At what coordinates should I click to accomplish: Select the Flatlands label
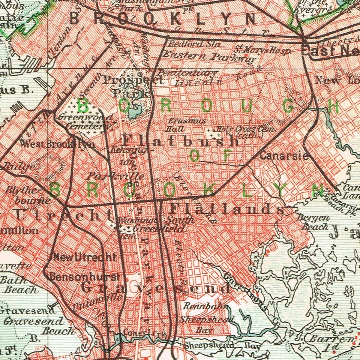point(227,208)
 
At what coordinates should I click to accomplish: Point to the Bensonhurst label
point(85,277)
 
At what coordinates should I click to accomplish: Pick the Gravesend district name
point(155,288)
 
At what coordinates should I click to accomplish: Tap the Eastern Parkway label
point(209,57)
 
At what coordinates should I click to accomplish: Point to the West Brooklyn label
point(58,144)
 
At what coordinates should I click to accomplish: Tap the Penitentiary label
point(187,72)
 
